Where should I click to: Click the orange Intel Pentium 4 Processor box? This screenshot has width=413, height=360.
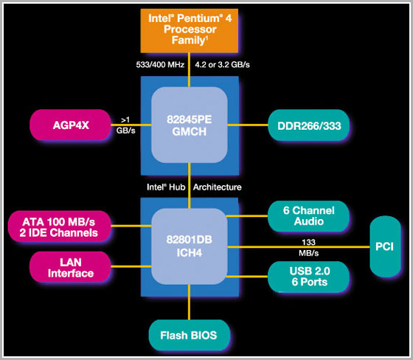coord(190,30)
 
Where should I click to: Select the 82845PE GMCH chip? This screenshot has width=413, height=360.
coord(190,125)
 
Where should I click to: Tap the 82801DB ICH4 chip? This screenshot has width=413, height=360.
coord(190,246)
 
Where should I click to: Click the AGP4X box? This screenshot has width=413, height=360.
coord(70,125)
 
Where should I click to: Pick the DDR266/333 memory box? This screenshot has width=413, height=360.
coord(309,125)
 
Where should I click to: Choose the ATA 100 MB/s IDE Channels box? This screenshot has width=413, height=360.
coord(60,226)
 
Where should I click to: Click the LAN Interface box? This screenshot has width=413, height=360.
coord(70,267)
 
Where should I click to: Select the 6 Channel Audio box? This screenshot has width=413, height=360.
coord(309,216)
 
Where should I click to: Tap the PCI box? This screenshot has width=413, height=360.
coord(385,246)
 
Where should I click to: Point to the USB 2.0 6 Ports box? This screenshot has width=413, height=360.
coord(309,277)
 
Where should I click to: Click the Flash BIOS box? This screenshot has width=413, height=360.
coord(189,335)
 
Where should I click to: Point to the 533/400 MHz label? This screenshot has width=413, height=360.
coord(160,65)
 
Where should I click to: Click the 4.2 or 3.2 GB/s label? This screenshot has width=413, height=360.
coord(222,65)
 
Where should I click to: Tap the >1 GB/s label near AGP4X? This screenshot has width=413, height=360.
coord(126,125)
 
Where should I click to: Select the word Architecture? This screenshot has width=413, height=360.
coord(218,187)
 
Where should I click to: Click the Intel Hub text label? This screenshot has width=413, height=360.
coord(166,187)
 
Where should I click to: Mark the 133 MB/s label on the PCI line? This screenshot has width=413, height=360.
coord(309,247)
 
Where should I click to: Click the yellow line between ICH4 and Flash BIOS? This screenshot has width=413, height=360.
coord(189,302)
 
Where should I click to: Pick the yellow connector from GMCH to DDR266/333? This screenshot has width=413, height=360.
coord(248,125)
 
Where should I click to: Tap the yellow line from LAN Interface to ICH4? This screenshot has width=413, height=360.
coord(131,267)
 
